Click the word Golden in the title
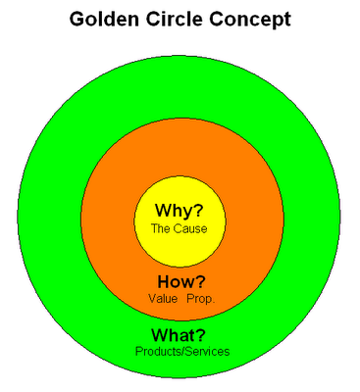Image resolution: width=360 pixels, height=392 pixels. [x=104, y=19]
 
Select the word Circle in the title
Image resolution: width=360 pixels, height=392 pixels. [x=176, y=19]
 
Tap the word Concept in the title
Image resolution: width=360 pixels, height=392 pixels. [x=250, y=21]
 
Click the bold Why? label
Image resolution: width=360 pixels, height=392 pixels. [x=180, y=211]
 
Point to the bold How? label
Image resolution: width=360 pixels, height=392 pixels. [x=181, y=281]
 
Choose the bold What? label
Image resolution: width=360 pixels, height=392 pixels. [x=179, y=335]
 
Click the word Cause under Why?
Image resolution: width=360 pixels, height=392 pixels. [x=190, y=228]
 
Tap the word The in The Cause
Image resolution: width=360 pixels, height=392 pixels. [x=161, y=228]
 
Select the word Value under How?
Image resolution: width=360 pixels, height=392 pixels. [x=163, y=299]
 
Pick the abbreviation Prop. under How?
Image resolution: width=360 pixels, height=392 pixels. [x=201, y=299]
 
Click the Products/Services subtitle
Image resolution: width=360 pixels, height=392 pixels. [x=182, y=352]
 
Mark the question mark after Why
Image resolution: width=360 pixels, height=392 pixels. [x=198, y=211]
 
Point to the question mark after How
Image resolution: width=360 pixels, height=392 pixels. [x=200, y=281]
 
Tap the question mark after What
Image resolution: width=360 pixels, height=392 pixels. [x=201, y=335]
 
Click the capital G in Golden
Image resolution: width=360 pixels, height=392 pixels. [x=77, y=20]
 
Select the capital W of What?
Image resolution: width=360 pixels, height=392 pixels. [x=161, y=335]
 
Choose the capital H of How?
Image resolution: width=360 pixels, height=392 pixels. [x=164, y=281]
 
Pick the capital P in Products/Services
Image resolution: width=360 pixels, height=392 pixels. [x=138, y=352]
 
